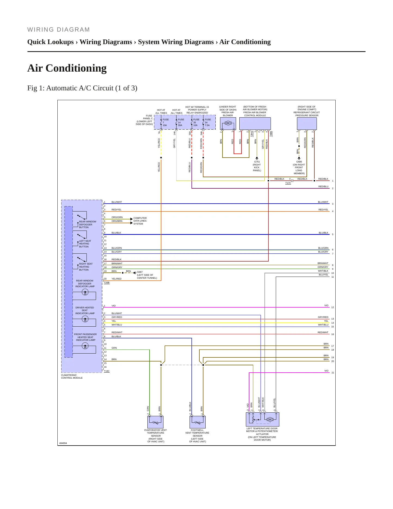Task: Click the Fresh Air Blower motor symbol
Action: tap(228, 123)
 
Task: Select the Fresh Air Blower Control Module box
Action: tap(255, 124)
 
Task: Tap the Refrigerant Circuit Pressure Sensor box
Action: tap(307, 124)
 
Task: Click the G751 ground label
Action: tap(257, 162)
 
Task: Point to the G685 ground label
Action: tap(299, 162)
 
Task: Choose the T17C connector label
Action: tap(288, 183)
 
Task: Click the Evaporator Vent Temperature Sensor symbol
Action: tap(156, 422)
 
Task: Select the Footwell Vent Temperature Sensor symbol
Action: tap(197, 422)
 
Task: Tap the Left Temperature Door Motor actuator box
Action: tap(262, 419)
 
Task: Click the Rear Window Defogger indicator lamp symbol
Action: tap(85, 292)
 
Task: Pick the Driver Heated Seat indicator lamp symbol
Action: tap(85, 319)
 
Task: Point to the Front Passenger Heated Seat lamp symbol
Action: tap(85, 346)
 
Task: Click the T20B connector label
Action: tap(107, 283)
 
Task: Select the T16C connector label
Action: tap(107, 371)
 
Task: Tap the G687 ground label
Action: tap(140, 272)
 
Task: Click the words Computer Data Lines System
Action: tap(140, 221)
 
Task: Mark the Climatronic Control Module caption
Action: tap(72, 376)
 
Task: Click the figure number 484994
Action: tap(63, 443)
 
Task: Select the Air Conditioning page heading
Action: tap(67, 68)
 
